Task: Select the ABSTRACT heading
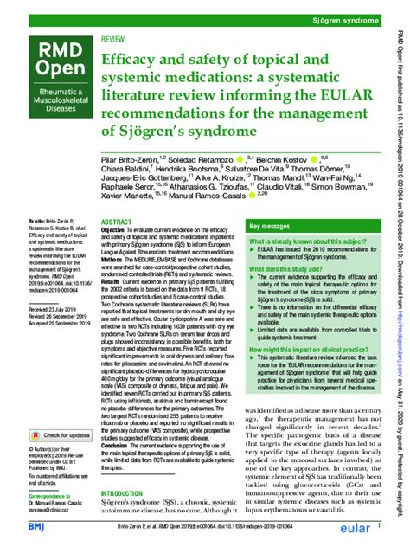click(x=117, y=222)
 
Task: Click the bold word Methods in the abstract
click(x=115, y=256)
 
